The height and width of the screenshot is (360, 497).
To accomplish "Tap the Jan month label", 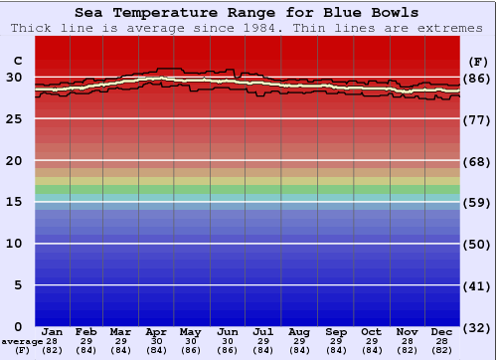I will pos(53,331).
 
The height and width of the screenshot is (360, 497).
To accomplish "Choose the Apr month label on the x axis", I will pos(156,331).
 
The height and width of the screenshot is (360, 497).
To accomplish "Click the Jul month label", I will pos(263,331).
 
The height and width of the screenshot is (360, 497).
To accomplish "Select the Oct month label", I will pos(371,331).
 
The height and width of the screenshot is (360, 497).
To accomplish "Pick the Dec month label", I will pos(442,331).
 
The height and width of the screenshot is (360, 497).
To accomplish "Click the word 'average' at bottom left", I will pos(22,341).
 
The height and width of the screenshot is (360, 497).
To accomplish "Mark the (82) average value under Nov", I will pos(407,350).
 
